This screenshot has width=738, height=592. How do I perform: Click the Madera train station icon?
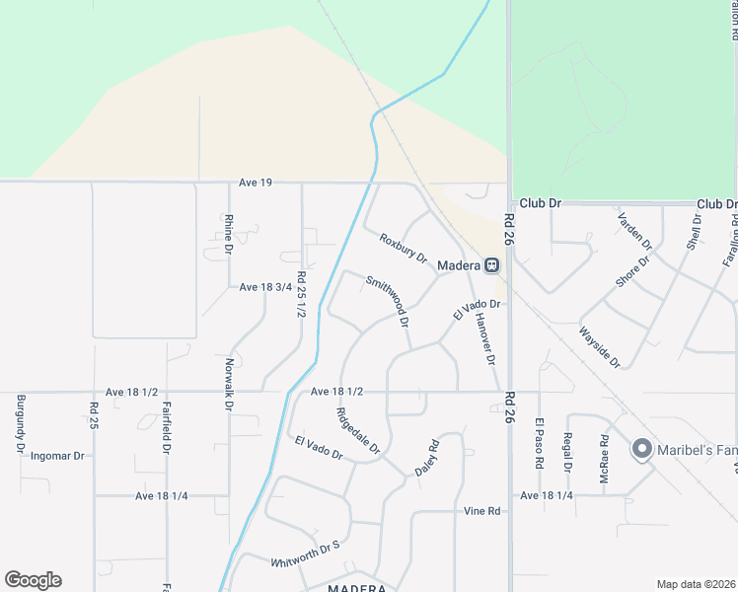coord(491,265)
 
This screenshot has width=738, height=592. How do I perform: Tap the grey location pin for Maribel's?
coord(642,450)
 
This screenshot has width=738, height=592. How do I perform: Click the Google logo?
coord(33,580)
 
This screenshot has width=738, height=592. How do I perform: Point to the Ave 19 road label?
coord(255,182)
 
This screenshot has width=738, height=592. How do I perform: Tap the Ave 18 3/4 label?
coord(265,287)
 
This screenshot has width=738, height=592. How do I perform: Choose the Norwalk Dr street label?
coord(229,384)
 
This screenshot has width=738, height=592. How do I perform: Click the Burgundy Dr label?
coord(20,423)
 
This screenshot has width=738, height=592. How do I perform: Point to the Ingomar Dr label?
coord(57,456)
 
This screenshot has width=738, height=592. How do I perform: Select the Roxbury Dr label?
coord(403,248)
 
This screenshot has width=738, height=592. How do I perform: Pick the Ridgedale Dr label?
coord(358,431)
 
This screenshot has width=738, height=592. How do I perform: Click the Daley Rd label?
coord(425,458)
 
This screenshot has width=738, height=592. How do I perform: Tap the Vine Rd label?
coord(482,511)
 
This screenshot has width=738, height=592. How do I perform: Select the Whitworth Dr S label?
coord(305,553)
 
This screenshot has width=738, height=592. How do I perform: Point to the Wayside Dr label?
coord(599,347)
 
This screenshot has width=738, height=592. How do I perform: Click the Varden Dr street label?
coord(634,229)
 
